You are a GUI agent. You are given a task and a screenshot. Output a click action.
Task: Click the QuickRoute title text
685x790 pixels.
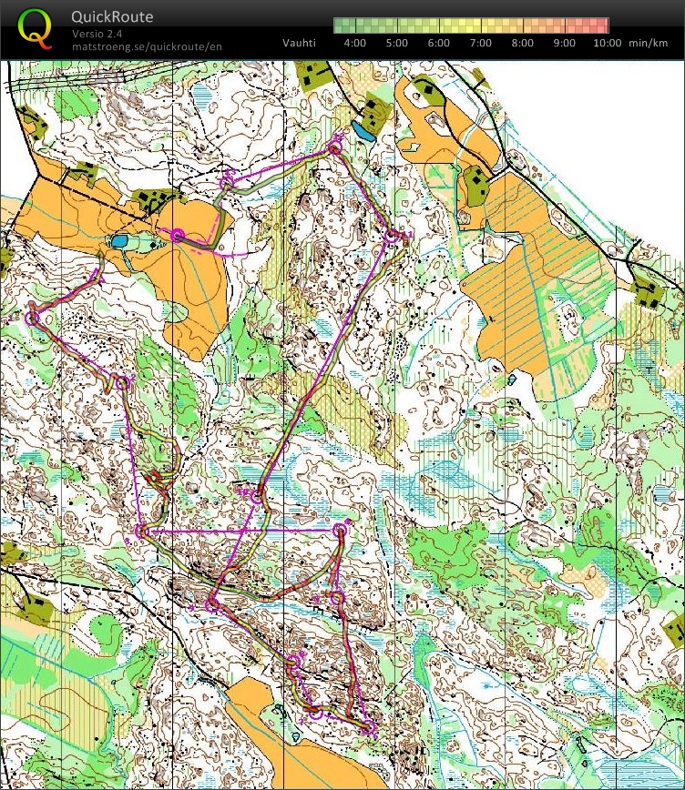(x=112, y=16)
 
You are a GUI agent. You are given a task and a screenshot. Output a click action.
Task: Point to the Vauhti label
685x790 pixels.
(x=299, y=43)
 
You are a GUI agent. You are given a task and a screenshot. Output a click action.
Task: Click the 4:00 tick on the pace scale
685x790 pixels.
(x=354, y=43)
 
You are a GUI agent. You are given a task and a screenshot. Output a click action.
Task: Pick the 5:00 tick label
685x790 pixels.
(x=396, y=43)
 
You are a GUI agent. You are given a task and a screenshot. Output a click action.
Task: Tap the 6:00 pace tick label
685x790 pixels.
(x=438, y=43)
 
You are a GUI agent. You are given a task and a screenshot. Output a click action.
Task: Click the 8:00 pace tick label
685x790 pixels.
(x=522, y=43)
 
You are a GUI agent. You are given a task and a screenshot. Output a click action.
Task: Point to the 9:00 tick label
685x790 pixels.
(x=564, y=43)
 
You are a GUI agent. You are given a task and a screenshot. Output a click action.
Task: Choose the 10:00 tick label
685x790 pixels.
(x=607, y=43)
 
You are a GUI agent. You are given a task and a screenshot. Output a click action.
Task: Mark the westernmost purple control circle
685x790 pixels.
(x=35, y=319)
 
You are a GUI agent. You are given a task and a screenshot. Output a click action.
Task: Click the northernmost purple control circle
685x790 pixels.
(x=335, y=146)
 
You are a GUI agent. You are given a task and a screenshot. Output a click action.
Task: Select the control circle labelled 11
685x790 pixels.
(x=392, y=237)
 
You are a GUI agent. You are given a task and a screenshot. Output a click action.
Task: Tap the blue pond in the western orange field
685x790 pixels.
(x=118, y=241)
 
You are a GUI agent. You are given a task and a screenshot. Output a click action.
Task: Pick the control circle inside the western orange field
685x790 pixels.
(x=178, y=236)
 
